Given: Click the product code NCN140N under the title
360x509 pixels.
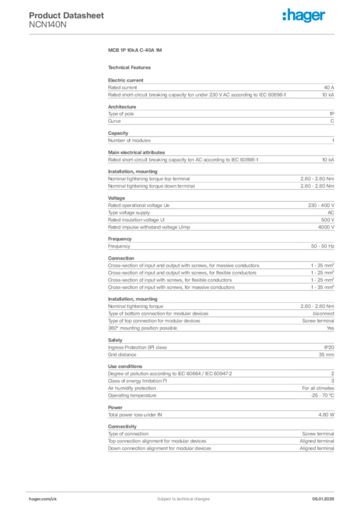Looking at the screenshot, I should point(47,24).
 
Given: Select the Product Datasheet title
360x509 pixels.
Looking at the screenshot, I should point(66,15).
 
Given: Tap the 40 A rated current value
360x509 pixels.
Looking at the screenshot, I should point(329,87).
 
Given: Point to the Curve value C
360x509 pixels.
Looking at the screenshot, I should point(332,121).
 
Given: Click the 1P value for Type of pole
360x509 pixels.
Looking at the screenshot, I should point(332,114).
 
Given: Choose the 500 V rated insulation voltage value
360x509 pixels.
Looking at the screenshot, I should point(327,220).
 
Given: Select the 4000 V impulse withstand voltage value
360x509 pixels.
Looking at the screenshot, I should point(326,227).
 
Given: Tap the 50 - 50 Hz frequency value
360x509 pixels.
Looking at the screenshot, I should point(323,246).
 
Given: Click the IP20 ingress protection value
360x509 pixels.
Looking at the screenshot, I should point(329,347).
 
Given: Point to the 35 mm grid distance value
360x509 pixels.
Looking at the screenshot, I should point(326,355).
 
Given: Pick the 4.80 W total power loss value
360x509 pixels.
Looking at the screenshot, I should point(326,415).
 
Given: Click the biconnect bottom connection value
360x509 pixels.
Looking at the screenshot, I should point(323,314).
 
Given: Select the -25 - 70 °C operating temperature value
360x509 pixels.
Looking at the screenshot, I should point(319,396).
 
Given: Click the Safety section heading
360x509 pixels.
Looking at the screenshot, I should point(115,340).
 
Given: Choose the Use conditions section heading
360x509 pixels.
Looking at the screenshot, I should point(125,366).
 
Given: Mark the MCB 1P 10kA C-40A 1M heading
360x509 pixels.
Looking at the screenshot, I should point(135,51).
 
